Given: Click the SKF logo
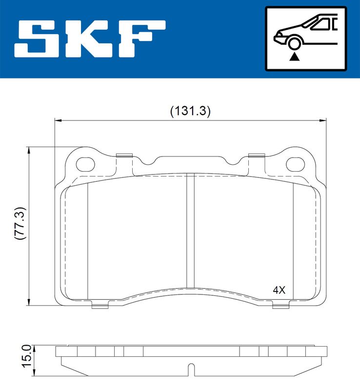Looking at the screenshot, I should [x=90, y=38].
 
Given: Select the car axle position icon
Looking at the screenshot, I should [x=305, y=38].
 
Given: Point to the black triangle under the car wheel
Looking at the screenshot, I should [x=294, y=57].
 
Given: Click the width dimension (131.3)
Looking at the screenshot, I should [x=190, y=111].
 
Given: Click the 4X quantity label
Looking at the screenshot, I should [x=279, y=290].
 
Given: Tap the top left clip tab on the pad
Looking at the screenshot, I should [x=125, y=156].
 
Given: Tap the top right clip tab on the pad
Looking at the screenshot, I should [x=256, y=156].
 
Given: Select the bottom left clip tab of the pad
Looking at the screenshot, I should [x=100, y=306].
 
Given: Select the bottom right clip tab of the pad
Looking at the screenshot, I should [x=280, y=306].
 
